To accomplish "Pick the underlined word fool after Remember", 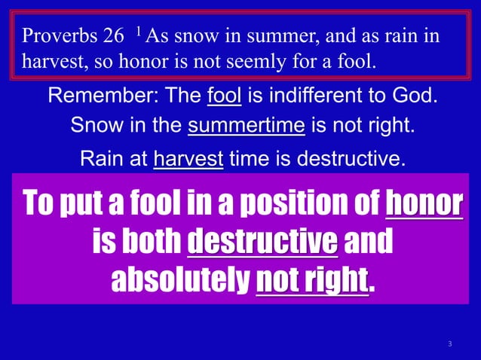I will coord(222,97).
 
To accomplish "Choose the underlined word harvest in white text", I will coord(188,158).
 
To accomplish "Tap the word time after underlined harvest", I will coord(251,158).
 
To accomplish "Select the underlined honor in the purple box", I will coord(423,203).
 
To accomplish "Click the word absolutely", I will coord(179,281).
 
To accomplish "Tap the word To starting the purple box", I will coord(38,203).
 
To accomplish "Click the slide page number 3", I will coord(449,344).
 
